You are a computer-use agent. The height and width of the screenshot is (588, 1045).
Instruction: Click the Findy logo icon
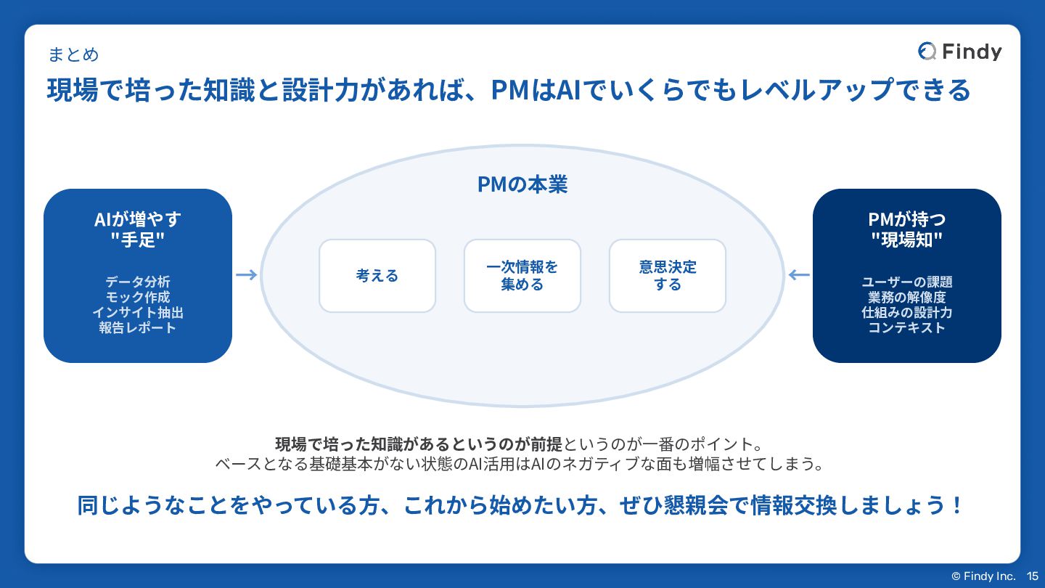point(927,52)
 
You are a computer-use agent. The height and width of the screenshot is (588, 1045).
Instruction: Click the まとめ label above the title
point(73,54)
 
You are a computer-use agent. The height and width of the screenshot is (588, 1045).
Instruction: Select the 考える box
point(377,276)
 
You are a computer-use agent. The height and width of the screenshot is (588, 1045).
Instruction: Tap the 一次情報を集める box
point(522,276)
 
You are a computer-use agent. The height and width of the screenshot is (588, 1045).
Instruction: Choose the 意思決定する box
point(668,276)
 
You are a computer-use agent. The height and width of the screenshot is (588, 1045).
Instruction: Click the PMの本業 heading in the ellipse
point(522,184)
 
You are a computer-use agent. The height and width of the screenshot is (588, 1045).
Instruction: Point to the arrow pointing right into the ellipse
point(247,274)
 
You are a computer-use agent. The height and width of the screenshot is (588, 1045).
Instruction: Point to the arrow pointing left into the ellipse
point(799,274)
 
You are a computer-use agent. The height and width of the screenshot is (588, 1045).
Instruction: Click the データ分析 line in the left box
point(138,282)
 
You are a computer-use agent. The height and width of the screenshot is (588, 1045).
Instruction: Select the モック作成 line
point(138,297)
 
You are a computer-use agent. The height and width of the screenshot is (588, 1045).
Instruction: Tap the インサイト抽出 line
point(138,312)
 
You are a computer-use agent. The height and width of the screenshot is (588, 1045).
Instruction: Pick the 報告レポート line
point(138,327)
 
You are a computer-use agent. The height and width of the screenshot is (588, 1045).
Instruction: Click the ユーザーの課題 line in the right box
point(907,282)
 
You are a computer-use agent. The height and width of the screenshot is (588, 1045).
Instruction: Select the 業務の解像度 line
point(907,297)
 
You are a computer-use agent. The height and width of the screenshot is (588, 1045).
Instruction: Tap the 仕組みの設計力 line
point(907,312)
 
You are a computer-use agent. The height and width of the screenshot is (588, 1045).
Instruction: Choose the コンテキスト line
point(907,327)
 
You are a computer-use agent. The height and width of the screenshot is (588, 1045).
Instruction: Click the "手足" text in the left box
point(138,240)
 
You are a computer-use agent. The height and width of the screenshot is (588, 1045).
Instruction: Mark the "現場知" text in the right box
point(907,240)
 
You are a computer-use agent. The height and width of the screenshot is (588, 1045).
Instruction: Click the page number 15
point(1033,576)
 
